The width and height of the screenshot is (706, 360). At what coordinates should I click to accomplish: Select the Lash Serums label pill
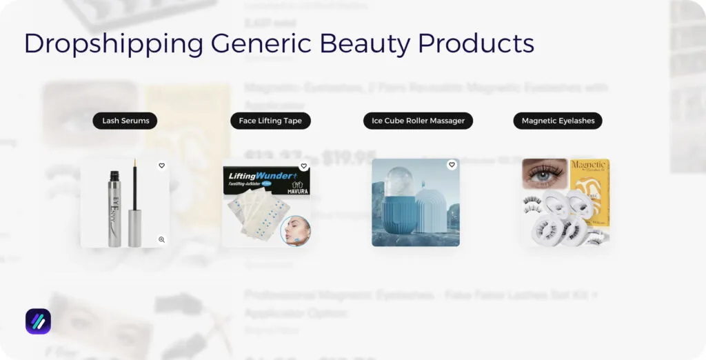[125, 121]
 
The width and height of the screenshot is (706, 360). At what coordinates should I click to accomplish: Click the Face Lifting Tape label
[270, 121]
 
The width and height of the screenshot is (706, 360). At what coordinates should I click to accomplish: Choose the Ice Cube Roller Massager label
[418, 121]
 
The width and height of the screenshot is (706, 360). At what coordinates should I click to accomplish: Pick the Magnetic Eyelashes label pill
[558, 121]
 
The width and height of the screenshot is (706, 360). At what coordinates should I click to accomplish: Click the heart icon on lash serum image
[161, 166]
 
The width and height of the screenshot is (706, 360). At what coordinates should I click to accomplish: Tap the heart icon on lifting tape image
[303, 166]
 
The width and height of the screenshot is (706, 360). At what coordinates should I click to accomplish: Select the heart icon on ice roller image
[452, 165]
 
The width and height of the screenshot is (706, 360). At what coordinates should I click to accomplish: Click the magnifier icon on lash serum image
[161, 240]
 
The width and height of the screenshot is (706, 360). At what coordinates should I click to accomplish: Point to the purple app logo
[38, 321]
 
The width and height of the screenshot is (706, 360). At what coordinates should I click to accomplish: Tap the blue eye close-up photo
[544, 173]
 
